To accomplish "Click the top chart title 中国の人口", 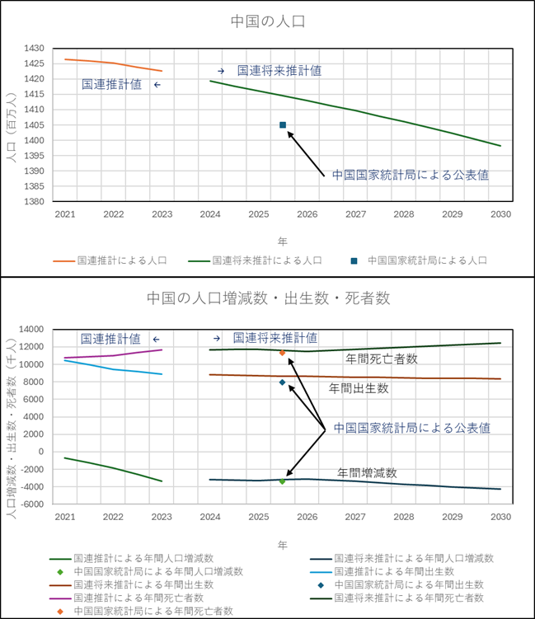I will tap(267, 20).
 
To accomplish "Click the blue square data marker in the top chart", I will tap(283, 125).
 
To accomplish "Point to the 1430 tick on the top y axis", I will tap(33, 49).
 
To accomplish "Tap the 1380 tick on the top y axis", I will tap(33, 202).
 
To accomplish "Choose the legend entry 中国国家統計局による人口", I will tap(427, 260).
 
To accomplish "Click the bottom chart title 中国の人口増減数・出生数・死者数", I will tap(269, 298).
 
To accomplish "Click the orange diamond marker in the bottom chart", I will tap(282, 353).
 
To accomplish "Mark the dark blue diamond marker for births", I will tap(282, 382).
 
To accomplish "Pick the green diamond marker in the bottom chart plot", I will tap(282, 481).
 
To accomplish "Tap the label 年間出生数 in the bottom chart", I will tap(359, 387).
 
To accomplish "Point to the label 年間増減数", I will tap(368, 473).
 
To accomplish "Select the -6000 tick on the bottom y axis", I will tap(30, 504).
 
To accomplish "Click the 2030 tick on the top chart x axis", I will tap(500, 214).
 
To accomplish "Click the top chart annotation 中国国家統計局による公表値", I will tap(411, 176).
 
